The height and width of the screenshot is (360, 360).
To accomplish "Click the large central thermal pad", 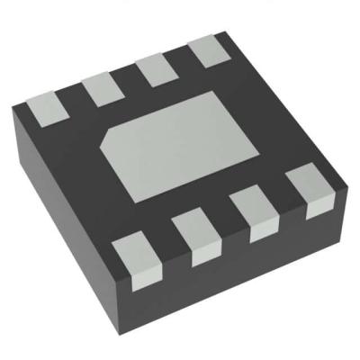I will tap(175, 144).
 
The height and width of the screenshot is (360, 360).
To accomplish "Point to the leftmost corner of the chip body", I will tap(13, 108).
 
